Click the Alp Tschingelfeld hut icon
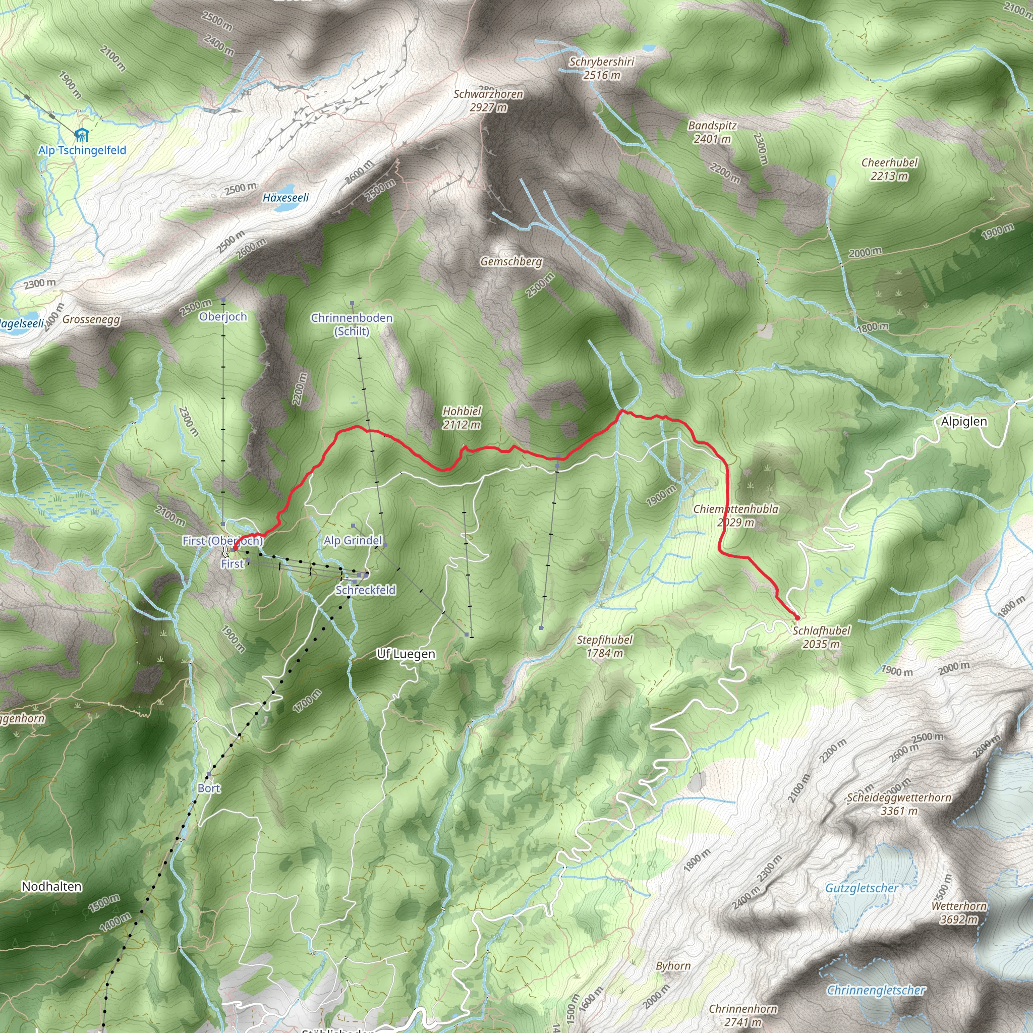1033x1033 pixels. pos(81,134)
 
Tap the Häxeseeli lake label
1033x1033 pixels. pos(285,198)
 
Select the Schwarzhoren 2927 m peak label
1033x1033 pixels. pos(488,100)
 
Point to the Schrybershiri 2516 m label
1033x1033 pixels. pos(602,69)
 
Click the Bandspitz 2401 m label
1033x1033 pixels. pos(712,132)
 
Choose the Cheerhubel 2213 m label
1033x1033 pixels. pos(889,169)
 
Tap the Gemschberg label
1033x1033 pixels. pos(510,261)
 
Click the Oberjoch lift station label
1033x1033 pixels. pos(223,317)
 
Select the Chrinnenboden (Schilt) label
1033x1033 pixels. pos(352,324)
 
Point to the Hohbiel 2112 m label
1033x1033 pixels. pos(462,418)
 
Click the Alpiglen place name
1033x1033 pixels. pos(963,421)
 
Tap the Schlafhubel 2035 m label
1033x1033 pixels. pos(821,638)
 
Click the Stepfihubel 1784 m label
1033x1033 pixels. pos(605,646)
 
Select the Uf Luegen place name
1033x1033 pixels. pos(406,654)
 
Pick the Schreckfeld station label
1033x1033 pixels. pos(366,590)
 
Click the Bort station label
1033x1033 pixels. pos(208,788)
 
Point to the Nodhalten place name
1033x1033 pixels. pos(52,887)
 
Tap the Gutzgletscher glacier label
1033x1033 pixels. pos(862,888)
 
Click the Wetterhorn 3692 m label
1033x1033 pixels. pos(959,912)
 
